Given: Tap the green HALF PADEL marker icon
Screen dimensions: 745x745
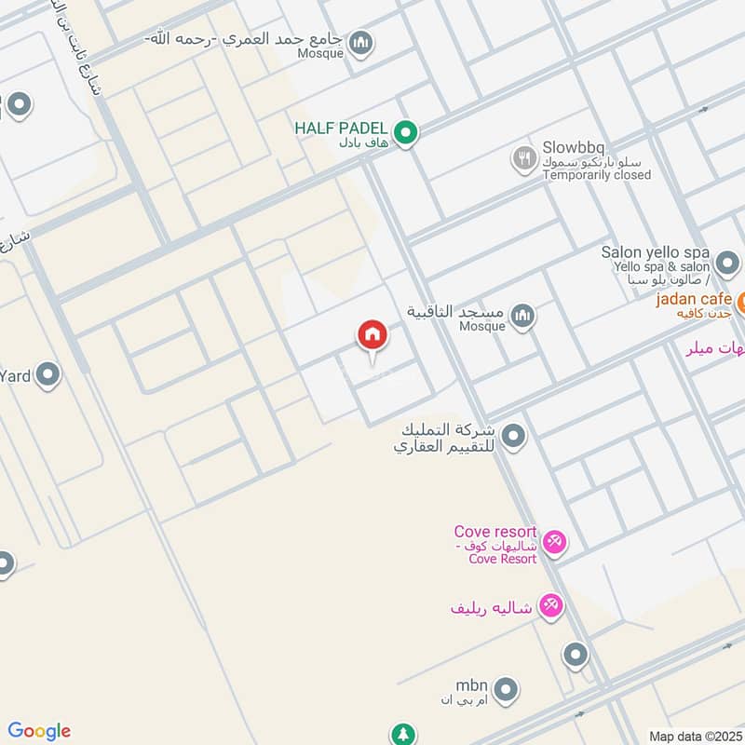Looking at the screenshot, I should (404, 133).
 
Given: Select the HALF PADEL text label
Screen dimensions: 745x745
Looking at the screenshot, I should (341, 128).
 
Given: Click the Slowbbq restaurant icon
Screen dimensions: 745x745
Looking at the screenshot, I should (524, 159).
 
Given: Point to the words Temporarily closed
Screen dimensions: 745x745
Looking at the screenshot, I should (597, 174).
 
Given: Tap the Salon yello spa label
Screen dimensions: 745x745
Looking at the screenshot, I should (656, 252).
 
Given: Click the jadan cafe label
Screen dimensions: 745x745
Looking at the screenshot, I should (694, 299).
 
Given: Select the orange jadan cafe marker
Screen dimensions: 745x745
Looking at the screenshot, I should (741, 302).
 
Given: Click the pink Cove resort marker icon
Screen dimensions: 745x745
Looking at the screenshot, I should (554, 541).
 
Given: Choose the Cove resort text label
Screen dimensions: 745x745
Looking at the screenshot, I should (495, 532).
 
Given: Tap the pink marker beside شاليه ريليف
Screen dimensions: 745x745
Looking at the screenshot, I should (552, 606).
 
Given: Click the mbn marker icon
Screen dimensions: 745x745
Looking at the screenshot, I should (506, 689).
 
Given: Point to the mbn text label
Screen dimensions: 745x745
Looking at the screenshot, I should (472, 684).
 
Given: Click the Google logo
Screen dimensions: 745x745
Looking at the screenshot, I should (39, 731).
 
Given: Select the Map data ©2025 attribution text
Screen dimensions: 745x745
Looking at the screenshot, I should (694, 736).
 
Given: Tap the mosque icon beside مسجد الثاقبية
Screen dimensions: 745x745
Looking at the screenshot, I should (523, 317).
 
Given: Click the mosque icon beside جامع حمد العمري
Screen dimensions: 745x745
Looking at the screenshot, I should (361, 43).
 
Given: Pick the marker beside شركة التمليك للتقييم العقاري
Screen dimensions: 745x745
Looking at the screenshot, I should (512, 435).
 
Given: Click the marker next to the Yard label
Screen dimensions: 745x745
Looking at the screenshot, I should (47, 376).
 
